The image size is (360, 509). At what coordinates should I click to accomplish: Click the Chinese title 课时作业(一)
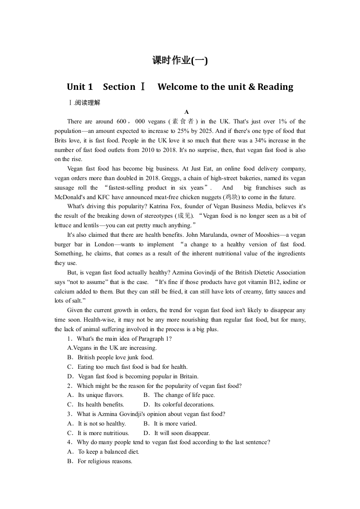pos(180,60)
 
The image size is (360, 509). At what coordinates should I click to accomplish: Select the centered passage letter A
pos(186,112)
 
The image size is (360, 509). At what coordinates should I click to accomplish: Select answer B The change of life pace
pos(179,395)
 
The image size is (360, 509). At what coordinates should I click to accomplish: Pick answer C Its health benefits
pos(95,404)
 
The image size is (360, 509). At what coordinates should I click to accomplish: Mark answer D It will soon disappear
pos(177,433)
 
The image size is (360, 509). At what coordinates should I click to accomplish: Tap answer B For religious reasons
pos(99,461)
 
